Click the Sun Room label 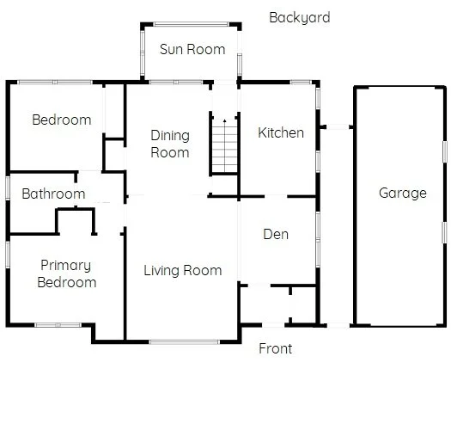coord(192,49)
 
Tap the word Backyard coord(299,17)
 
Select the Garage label coord(402,193)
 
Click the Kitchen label coord(281,132)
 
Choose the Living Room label coord(182,270)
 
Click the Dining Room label coord(169,144)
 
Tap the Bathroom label coord(53,194)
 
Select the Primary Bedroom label coord(67,273)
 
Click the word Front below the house coord(276,348)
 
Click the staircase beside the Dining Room coord(224,146)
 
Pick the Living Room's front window coord(184,342)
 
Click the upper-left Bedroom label coord(61,120)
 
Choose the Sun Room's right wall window coord(241,59)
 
